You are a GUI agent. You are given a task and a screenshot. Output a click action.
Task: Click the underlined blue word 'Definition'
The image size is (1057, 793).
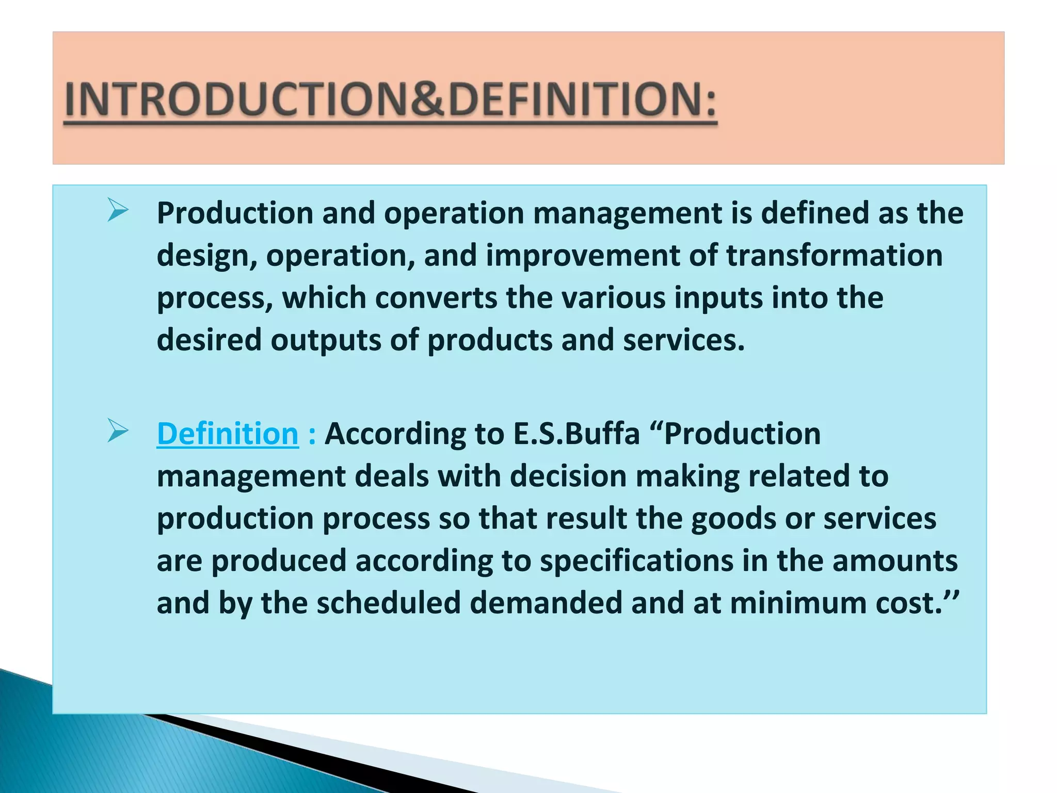(x=228, y=434)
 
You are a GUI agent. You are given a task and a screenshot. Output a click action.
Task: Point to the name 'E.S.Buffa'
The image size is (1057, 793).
(x=576, y=434)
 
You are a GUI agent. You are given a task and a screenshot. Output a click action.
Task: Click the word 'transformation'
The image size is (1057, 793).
(x=834, y=255)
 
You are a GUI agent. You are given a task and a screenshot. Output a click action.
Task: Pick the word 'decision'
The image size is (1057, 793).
(x=568, y=476)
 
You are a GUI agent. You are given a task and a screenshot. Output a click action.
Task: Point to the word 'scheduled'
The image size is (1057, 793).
(x=388, y=603)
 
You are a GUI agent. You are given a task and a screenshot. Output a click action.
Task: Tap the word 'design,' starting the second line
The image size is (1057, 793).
(x=207, y=256)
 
